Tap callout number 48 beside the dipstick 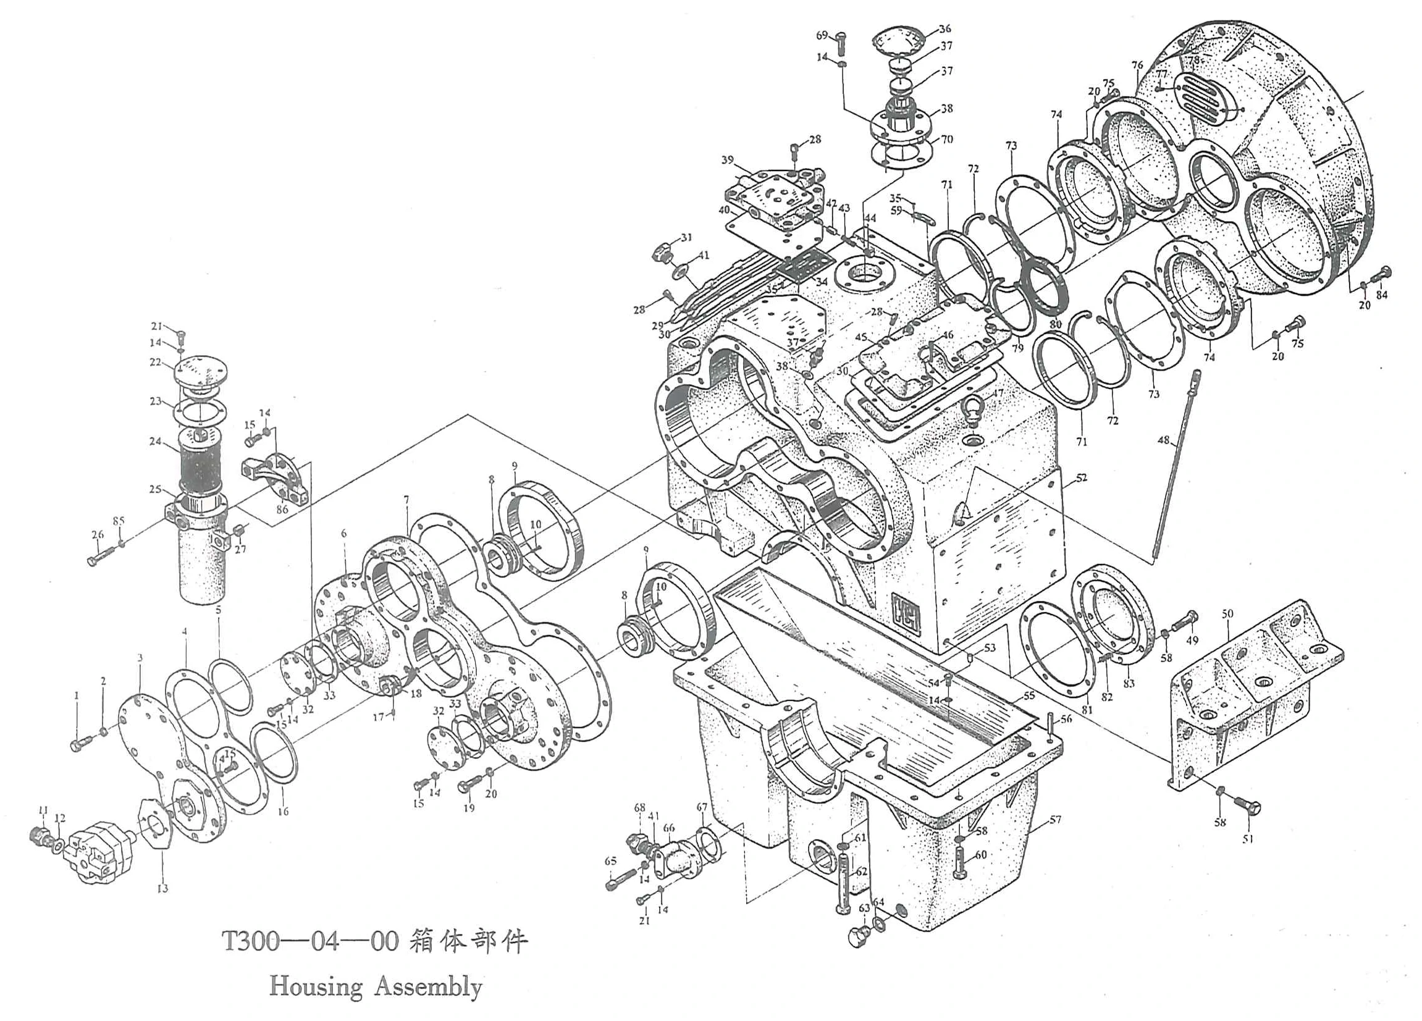pyautogui.click(x=1164, y=440)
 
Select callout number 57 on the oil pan pyautogui.click(x=1055, y=819)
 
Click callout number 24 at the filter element pyautogui.click(x=155, y=441)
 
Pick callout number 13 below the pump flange pyautogui.click(x=162, y=888)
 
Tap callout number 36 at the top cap pyautogui.click(x=945, y=28)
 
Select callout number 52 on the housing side pyautogui.click(x=1081, y=478)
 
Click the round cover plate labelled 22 pyautogui.click(x=199, y=374)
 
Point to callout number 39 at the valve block pyautogui.click(x=727, y=160)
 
